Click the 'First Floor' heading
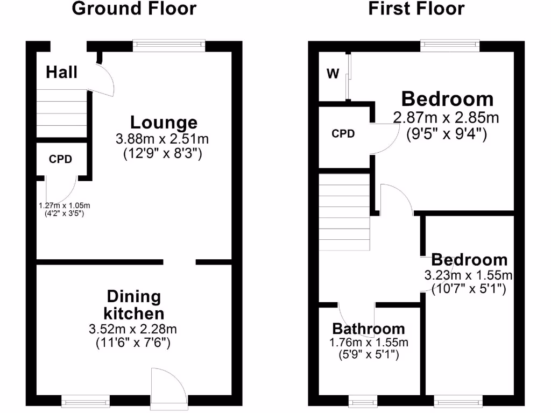tap(416, 9)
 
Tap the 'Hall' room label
tap(61, 72)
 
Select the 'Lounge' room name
tap(164, 123)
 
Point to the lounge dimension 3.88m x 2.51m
tap(163, 139)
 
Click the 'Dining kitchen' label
tap(134, 304)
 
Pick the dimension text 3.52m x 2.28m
tap(133, 329)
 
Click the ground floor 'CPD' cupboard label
tap(60, 159)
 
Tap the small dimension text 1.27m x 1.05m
tap(64, 205)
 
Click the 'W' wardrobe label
tap(333, 74)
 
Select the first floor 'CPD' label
tap(343, 133)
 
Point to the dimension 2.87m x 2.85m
tap(446, 117)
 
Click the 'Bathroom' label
tap(369, 329)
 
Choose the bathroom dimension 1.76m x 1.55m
tap(369, 343)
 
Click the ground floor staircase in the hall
tap(61, 113)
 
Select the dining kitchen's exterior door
tap(169, 387)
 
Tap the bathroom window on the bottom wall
tap(363, 401)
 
